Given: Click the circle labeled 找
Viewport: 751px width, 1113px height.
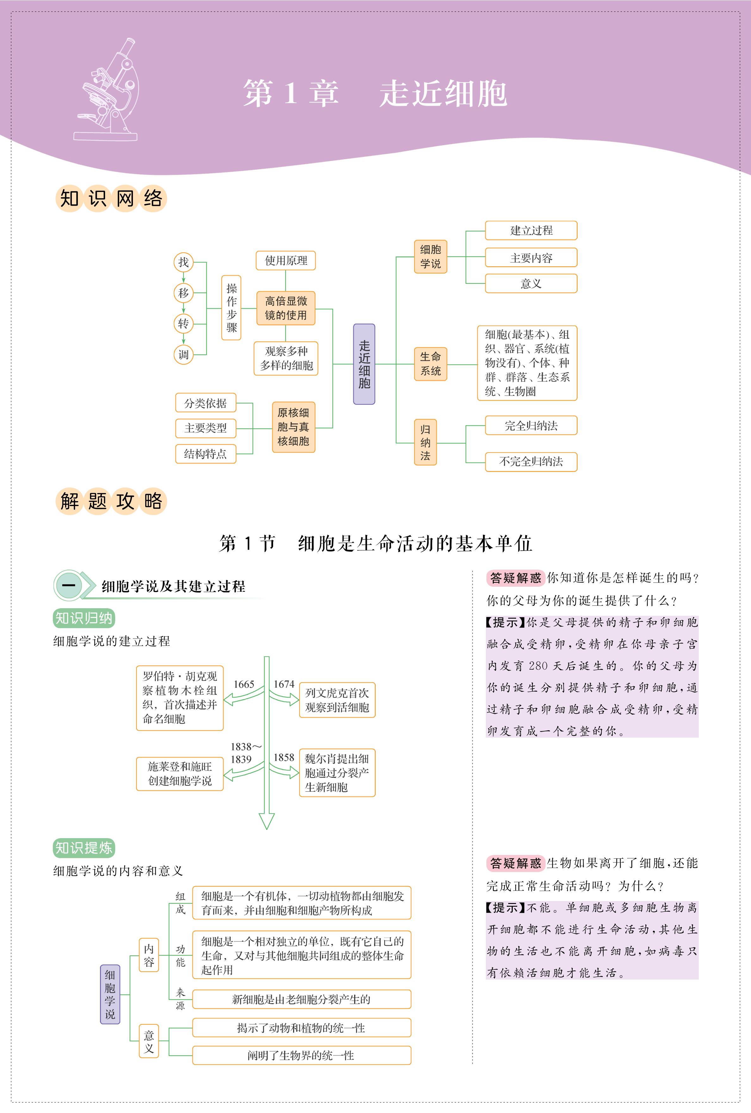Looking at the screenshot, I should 184,262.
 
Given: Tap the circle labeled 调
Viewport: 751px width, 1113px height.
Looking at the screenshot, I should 184,355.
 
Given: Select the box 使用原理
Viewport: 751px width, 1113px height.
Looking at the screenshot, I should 286,260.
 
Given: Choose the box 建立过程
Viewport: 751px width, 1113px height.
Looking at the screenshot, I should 531,230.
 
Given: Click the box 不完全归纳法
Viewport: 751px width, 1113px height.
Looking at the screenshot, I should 531,461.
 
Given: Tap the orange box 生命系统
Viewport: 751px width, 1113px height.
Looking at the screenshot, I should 430,364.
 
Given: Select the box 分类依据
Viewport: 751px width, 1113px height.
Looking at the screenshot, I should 205,403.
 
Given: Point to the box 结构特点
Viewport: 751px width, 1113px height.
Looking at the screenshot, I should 205,454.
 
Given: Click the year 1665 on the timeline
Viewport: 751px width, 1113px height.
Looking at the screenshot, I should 244,684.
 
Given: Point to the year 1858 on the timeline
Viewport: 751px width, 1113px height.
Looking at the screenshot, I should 284,757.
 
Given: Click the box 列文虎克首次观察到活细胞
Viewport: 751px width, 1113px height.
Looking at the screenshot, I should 337,700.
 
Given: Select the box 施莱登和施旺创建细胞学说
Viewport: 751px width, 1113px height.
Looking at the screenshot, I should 180,774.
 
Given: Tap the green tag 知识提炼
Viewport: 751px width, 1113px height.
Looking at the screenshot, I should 84,848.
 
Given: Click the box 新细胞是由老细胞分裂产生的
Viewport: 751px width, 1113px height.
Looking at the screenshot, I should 301,999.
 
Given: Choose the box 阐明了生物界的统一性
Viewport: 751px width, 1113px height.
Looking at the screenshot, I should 301,1055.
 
